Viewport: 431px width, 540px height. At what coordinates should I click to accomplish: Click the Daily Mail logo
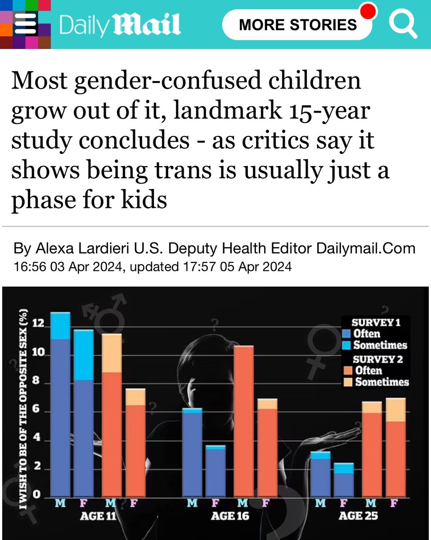point(120,25)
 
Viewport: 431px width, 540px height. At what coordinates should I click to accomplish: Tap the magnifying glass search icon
point(403,25)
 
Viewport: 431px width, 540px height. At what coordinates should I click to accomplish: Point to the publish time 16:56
point(30,267)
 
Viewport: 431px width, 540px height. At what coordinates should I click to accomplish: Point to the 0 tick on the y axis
point(39,495)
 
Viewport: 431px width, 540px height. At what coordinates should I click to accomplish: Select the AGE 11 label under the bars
point(98,516)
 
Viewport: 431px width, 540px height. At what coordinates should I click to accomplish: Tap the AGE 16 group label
point(229,516)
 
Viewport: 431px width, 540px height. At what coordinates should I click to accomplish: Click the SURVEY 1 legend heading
point(376,323)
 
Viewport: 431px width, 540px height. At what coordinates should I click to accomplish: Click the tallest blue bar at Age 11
point(60,405)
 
